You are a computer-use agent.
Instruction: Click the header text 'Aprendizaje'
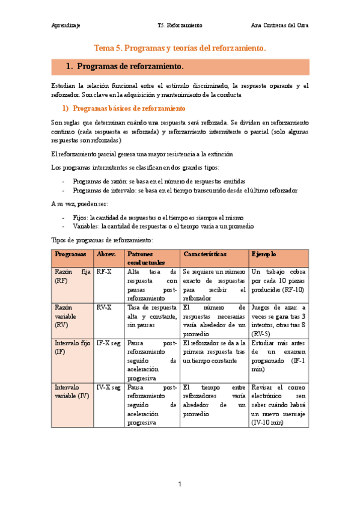66,26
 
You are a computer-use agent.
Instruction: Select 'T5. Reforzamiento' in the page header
180,26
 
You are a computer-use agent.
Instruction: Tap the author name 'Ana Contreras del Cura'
279,26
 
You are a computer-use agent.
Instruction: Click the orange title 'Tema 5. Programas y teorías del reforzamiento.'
180,47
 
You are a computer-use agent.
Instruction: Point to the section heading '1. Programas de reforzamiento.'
125,66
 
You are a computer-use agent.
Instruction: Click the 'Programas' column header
70,254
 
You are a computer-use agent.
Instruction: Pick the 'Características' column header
205,254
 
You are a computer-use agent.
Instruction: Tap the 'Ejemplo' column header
264,254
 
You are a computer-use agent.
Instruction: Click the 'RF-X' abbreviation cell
104,272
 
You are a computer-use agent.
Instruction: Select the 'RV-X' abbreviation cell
104,307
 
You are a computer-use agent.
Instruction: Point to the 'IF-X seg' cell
109,343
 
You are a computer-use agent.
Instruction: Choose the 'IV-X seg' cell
109,387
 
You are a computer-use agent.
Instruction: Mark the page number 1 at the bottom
180,484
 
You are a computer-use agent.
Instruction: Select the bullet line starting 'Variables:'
162,226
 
